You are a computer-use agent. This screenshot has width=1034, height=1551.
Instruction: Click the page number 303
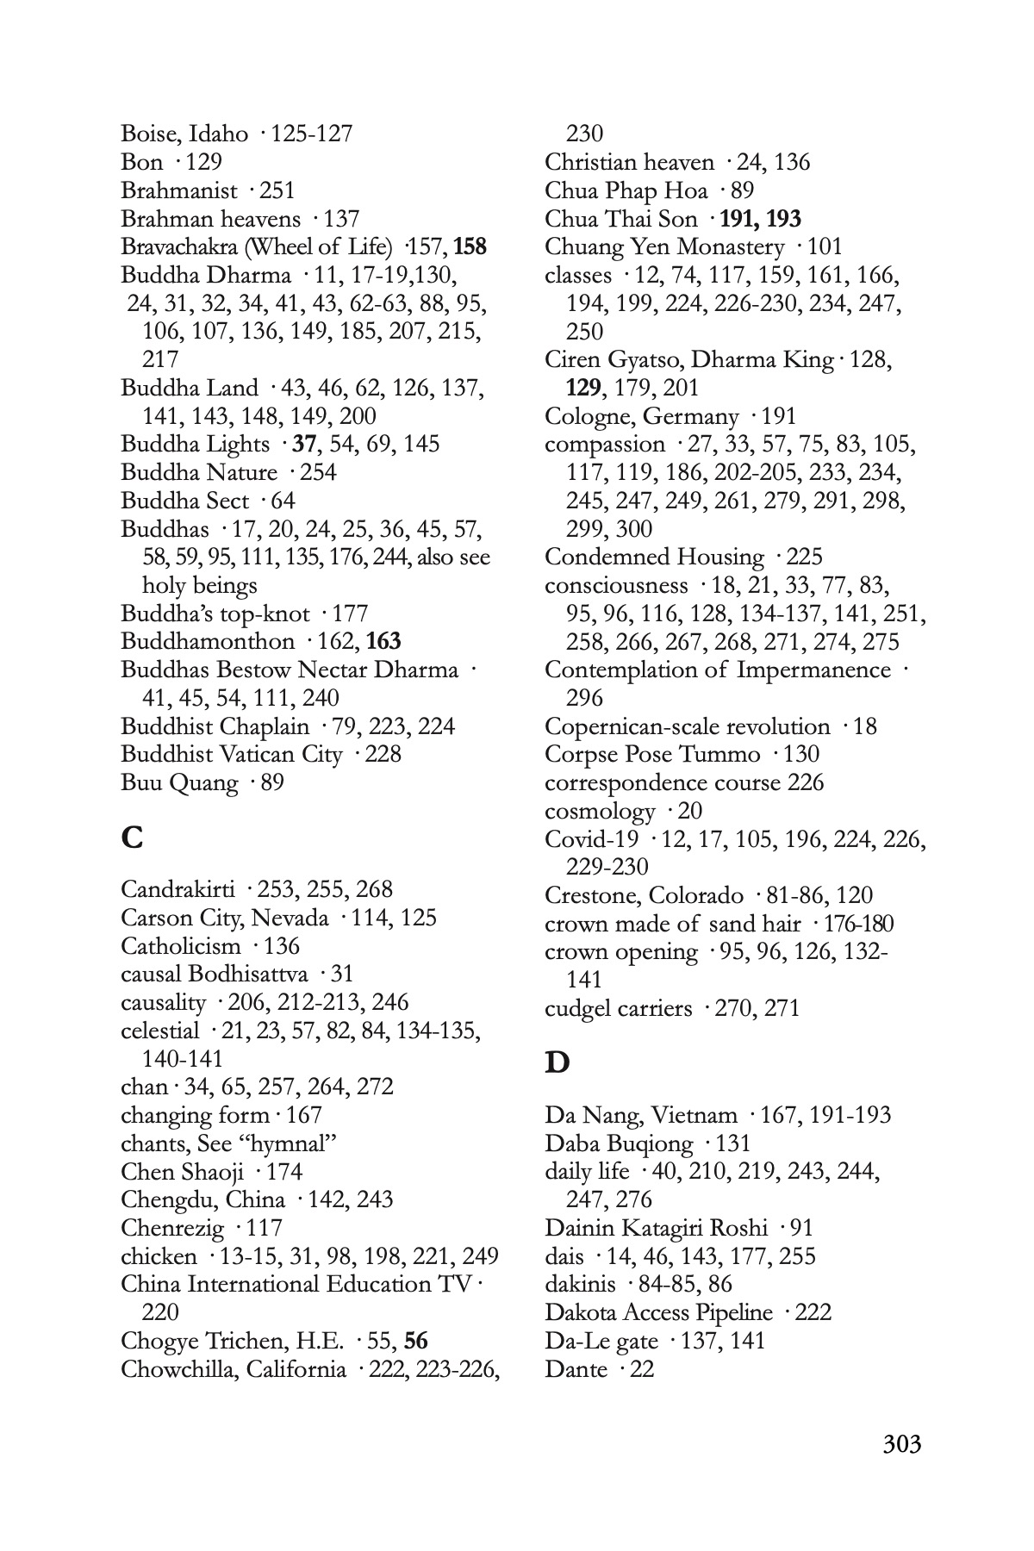(901, 1443)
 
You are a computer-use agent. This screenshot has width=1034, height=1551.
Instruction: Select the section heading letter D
(557, 1062)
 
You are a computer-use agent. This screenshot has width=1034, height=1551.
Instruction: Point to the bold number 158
(470, 247)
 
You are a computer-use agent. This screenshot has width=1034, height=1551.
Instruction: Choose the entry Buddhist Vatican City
(231, 754)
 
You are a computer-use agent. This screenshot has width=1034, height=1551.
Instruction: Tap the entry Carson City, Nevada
(224, 918)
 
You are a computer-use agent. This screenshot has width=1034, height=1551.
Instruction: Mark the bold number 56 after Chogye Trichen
(415, 1341)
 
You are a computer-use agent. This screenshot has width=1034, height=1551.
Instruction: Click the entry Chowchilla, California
(234, 1369)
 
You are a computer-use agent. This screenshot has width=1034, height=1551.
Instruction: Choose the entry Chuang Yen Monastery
(664, 247)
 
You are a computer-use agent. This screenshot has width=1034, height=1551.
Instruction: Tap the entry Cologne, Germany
(641, 416)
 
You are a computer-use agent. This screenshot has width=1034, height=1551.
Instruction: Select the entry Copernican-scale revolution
(687, 726)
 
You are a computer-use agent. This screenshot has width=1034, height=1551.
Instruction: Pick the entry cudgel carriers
(618, 1007)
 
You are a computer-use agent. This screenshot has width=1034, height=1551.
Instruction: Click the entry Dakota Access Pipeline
(658, 1312)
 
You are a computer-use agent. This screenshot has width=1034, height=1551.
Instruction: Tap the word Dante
(576, 1368)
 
